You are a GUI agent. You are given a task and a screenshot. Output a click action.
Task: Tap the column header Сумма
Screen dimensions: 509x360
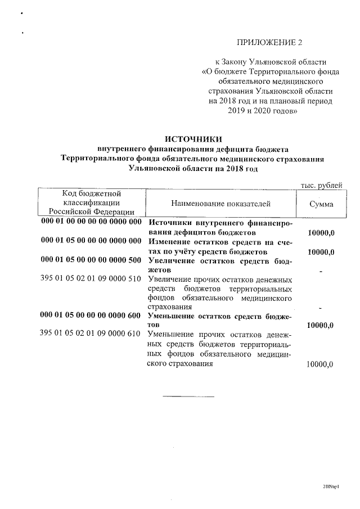click(x=321, y=204)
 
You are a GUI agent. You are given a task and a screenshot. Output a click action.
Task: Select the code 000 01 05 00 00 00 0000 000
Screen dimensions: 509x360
click(x=91, y=241)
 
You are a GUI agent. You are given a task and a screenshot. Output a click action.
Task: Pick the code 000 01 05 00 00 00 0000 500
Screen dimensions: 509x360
click(x=91, y=261)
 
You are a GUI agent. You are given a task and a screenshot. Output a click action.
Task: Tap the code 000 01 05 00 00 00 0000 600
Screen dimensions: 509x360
click(x=91, y=316)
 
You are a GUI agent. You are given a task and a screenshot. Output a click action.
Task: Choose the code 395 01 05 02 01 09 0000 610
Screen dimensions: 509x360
click(x=91, y=334)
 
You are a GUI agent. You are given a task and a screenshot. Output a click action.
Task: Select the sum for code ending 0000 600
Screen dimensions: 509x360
click(x=321, y=326)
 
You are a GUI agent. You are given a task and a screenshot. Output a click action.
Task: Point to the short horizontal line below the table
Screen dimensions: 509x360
click(x=188, y=397)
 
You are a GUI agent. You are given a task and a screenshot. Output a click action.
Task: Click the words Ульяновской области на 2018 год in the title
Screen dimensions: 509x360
click(x=193, y=168)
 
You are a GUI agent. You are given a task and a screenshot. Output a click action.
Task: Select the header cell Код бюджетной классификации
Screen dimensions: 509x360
click(x=91, y=202)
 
